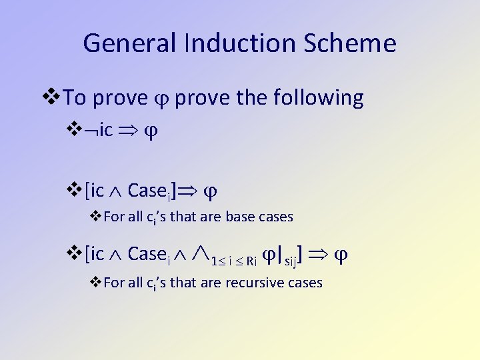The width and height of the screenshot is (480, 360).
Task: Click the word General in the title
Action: [x=125, y=44]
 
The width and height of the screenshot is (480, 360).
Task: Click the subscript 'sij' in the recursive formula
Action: [x=291, y=261]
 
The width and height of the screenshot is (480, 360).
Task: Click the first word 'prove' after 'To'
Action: [x=120, y=99]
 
